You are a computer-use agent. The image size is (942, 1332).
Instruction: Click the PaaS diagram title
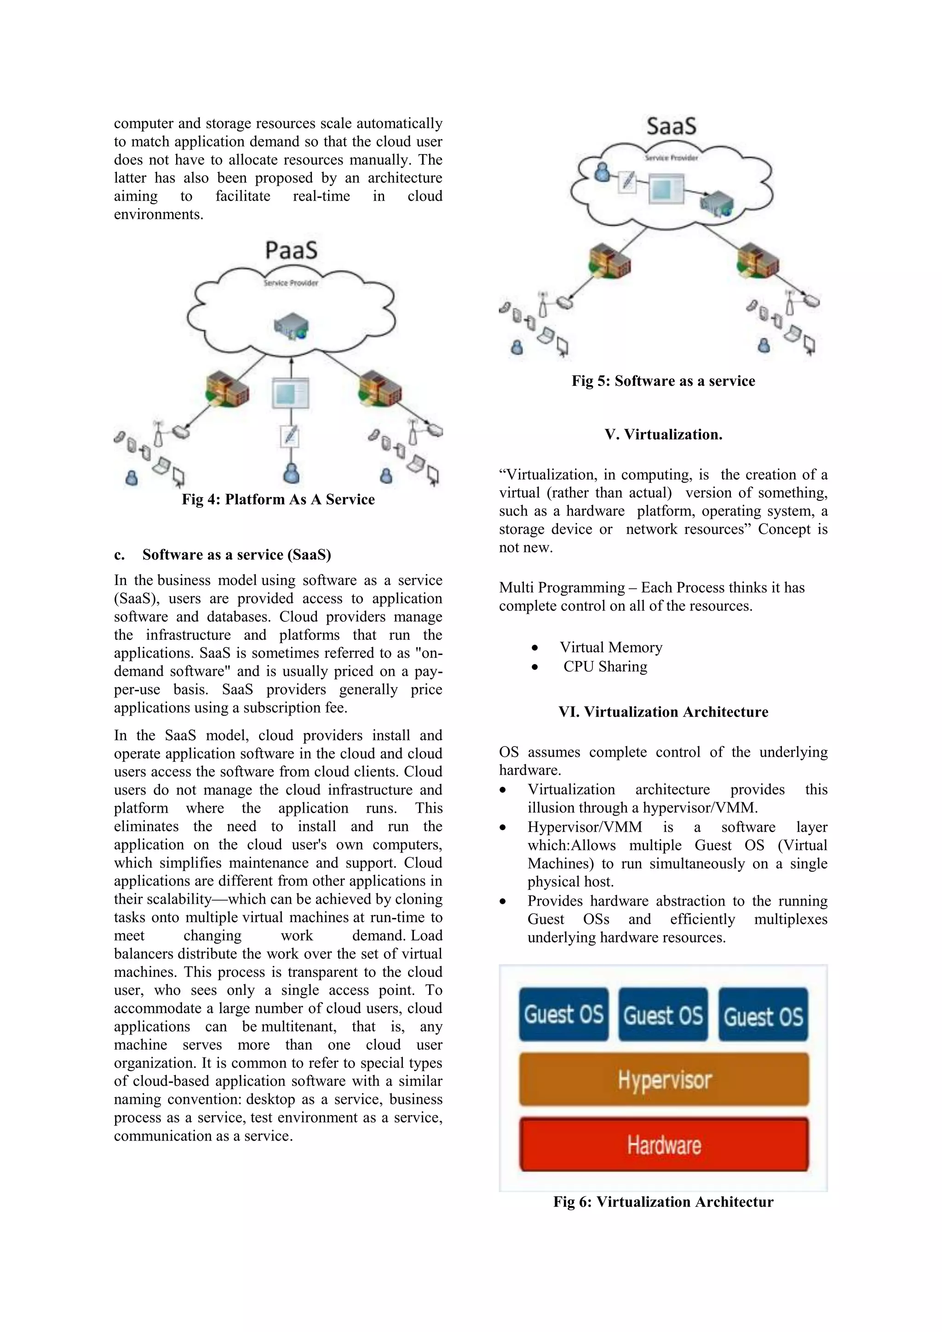[x=291, y=251]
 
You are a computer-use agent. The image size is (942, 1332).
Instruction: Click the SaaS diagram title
[x=671, y=126]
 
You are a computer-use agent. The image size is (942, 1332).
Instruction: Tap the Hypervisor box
[x=664, y=1079]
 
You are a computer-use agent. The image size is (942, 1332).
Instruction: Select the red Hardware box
[x=664, y=1145]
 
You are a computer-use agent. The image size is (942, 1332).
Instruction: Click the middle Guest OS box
[x=663, y=1015]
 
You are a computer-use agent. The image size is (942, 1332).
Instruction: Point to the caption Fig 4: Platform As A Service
[x=278, y=499]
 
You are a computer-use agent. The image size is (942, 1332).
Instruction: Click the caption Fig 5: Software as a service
[x=663, y=381]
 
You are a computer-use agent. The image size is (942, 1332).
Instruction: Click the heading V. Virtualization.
[x=663, y=435]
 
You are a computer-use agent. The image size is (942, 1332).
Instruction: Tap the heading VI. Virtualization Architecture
[x=663, y=712]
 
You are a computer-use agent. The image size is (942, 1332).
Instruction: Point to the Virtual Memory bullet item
[x=610, y=648]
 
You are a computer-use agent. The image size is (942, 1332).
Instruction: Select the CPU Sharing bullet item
[x=605, y=666]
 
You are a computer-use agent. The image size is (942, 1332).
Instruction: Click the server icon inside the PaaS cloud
[x=291, y=327]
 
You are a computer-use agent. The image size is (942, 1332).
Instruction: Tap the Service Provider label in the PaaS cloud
[x=291, y=283]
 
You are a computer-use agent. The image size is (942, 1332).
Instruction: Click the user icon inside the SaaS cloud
[x=603, y=172]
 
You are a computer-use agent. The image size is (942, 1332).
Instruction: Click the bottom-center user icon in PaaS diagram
[x=291, y=473]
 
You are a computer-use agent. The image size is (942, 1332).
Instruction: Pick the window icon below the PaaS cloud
[x=291, y=393]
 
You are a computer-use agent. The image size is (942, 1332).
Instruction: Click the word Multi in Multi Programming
[x=516, y=588]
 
